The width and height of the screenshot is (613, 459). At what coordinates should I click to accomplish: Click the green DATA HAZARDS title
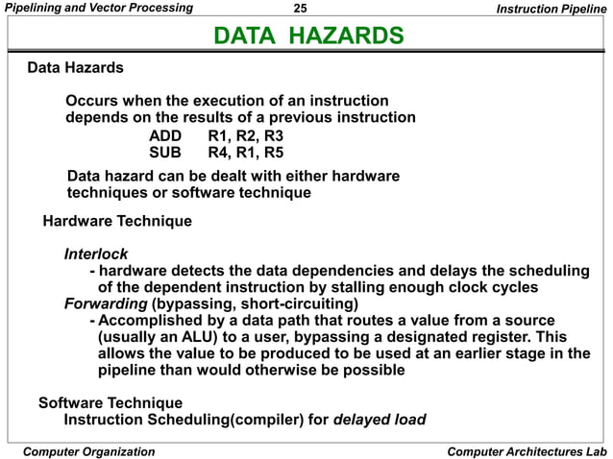coord(306,37)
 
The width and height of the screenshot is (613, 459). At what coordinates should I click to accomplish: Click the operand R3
coord(272,135)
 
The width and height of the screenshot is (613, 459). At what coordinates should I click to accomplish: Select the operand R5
coord(272,152)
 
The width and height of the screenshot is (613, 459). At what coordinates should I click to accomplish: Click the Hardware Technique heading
coord(117,222)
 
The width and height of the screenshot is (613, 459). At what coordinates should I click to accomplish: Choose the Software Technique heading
coord(110,402)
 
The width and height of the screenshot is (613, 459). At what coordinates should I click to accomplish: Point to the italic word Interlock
coord(96,254)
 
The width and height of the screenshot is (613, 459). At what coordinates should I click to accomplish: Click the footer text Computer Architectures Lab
coord(527,451)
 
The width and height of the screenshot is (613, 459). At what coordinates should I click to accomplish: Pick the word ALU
coord(194,336)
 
